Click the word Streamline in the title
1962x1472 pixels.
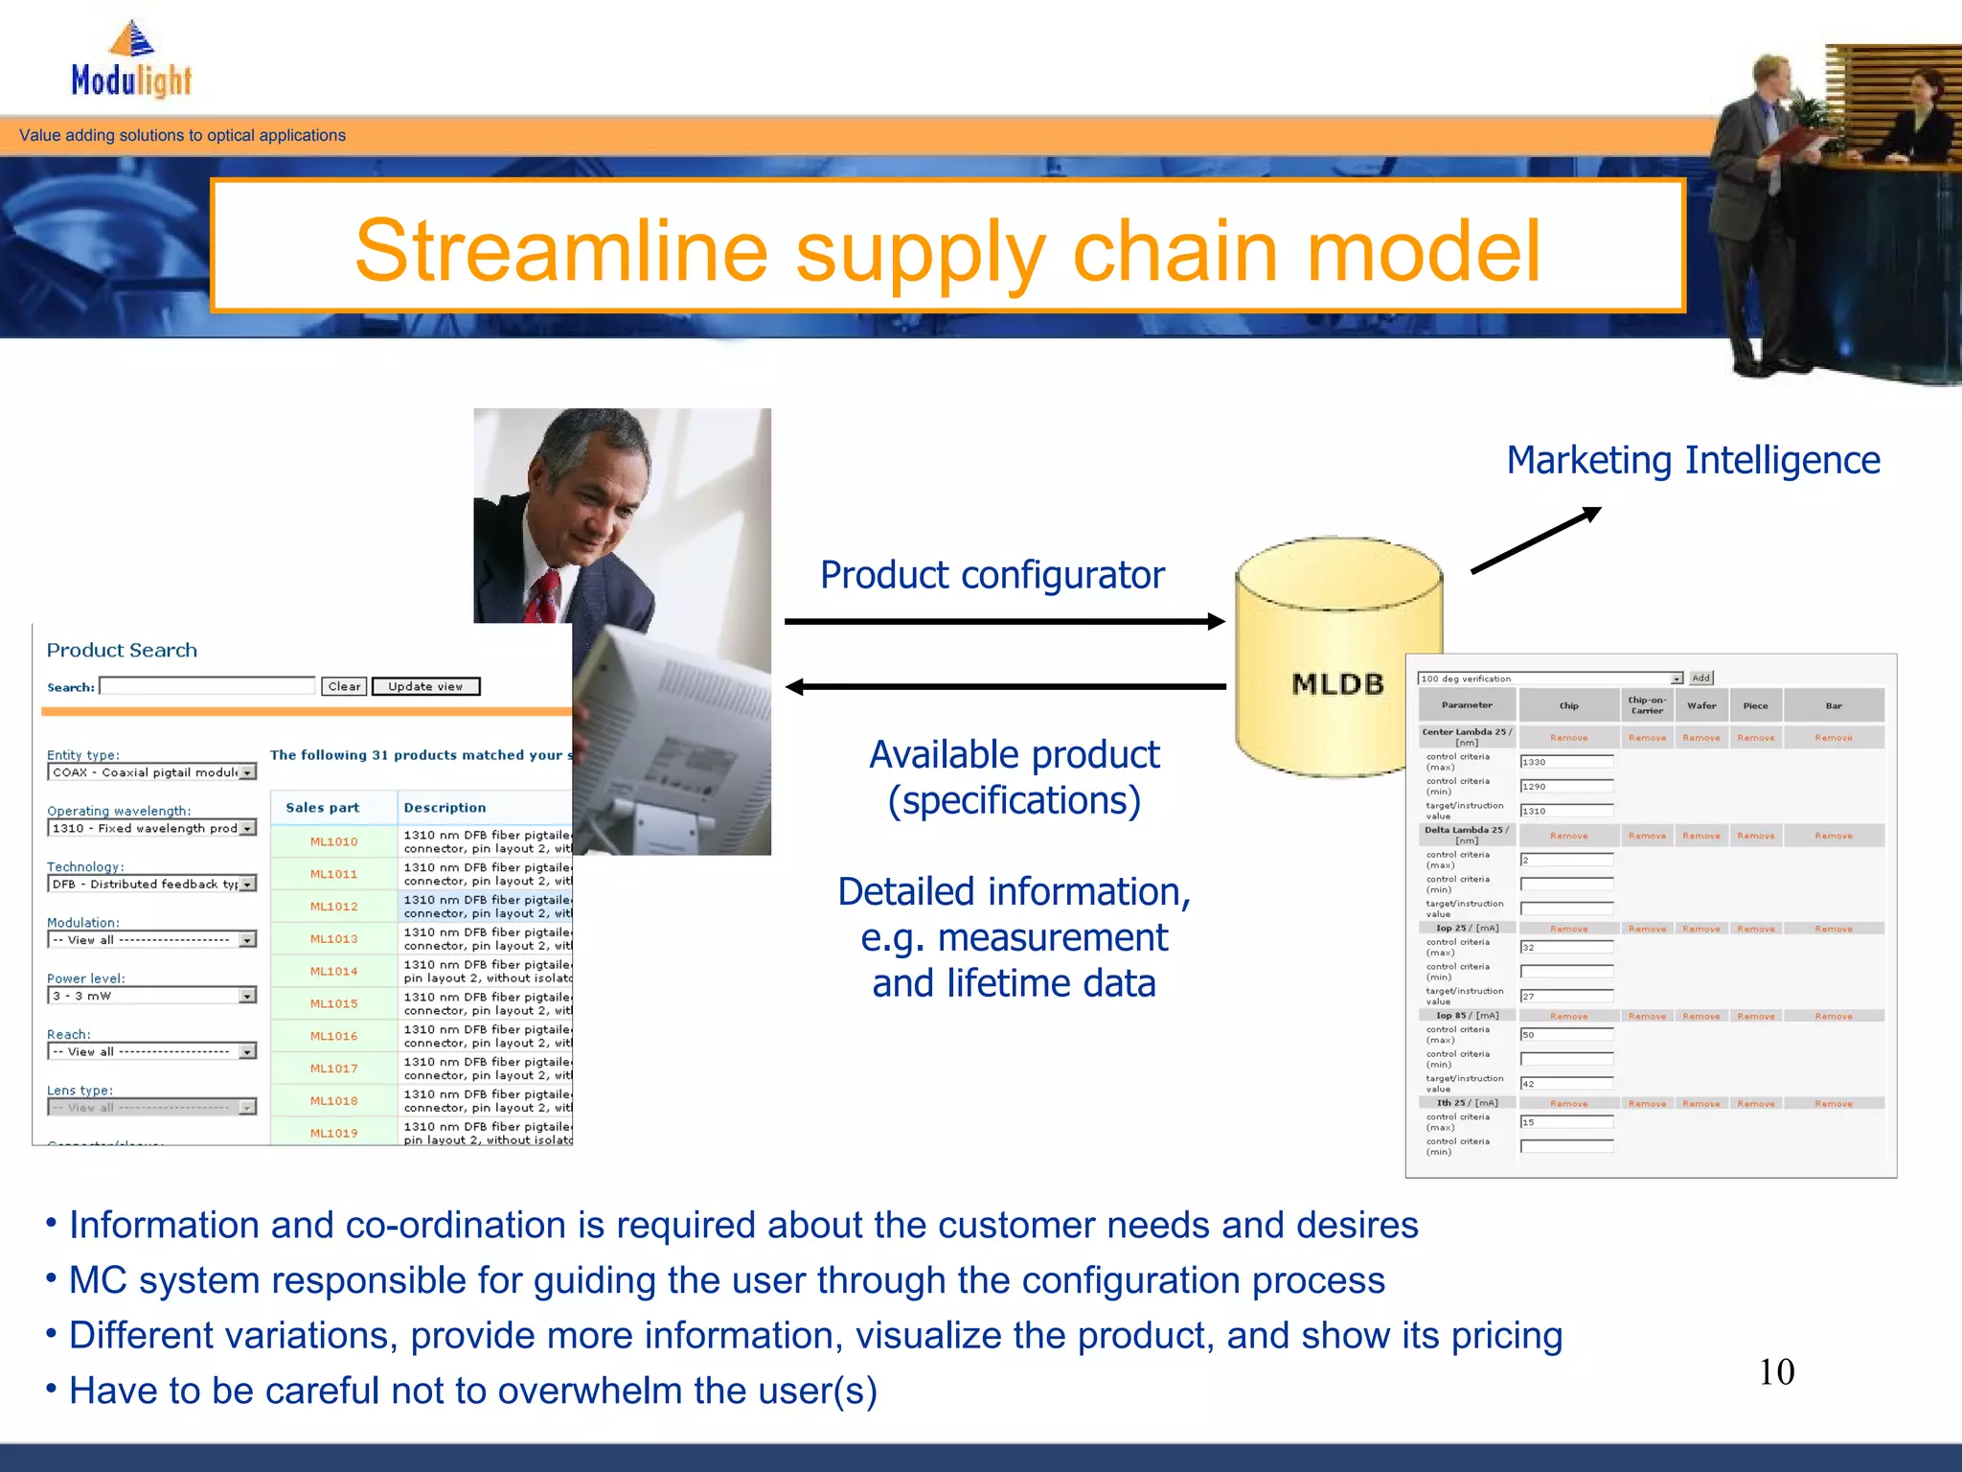tap(561, 250)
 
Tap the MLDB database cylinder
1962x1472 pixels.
tap(1338, 657)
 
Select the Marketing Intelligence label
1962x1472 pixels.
tap(1693, 460)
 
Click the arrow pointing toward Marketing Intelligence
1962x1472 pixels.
tap(1536, 540)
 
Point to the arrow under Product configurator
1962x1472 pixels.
tap(1004, 622)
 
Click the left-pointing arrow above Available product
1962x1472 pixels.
tap(1004, 686)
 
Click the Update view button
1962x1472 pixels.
tap(425, 686)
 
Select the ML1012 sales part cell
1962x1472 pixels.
tap(333, 907)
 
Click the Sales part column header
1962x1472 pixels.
tap(323, 808)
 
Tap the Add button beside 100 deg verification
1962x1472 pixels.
tap(1700, 678)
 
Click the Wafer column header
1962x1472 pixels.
tap(1701, 705)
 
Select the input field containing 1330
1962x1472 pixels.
tap(1566, 762)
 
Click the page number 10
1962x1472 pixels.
tap(1776, 1371)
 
